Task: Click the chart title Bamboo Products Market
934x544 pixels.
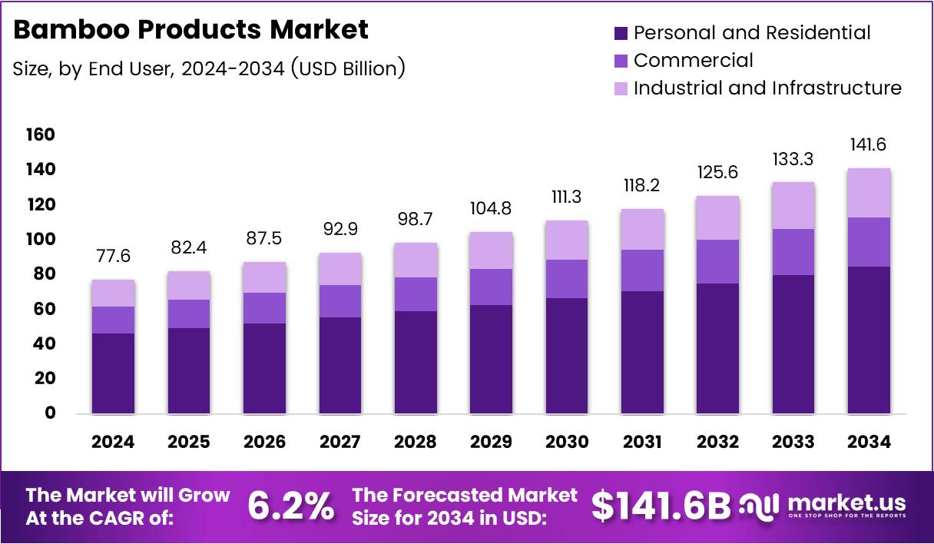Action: (x=191, y=30)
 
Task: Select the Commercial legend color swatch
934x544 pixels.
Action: (x=621, y=61)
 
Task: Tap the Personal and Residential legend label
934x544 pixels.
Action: (x=752, y=33)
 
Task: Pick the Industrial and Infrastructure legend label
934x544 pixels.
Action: (x=767, y=88)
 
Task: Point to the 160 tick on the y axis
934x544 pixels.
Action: (x=40, y=135)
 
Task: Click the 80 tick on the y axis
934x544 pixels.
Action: (x=45, y=274)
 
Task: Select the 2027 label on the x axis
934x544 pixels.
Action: (x=339, y=442)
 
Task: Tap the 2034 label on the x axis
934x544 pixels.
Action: (x=869, y=442)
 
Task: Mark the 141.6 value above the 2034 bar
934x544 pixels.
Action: (x=869, y=144)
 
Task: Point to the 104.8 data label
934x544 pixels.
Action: (x=491, y=209)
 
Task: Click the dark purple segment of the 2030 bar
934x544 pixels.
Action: (x=566, y=356)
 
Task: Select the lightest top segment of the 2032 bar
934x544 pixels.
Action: (x=717, y=218)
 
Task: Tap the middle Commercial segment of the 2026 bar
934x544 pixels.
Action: (x=263, y=308)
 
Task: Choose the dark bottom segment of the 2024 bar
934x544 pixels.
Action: (x=113, y=373)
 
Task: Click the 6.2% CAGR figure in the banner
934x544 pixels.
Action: (x=291, y=506)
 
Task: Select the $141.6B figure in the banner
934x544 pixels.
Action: (x=661, y=506)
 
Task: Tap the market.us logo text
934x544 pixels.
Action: (x=846, y=503)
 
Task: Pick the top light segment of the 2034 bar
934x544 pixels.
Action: (x=869, y=193)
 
